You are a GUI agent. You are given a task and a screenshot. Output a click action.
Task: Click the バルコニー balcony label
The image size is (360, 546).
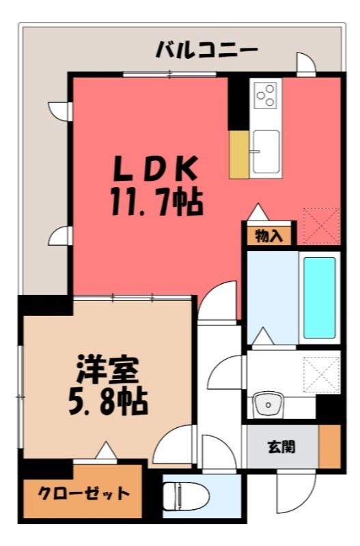[x=206, y=50]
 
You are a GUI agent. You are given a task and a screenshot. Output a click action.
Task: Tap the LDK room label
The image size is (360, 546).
[x=156, y=169]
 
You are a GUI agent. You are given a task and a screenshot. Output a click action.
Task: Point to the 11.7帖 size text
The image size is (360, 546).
[x=157, y=202]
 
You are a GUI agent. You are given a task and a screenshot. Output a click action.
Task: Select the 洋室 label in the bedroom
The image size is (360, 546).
[x=109, y=369]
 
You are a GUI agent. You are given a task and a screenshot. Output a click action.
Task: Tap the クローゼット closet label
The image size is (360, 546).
[x=83, y=493]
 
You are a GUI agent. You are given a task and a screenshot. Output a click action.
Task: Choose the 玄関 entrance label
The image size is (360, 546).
[x=281, y=447]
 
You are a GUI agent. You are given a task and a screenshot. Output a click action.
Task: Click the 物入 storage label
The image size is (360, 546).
[x=268, y=236]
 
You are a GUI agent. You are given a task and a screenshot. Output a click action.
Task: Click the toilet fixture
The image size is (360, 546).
[x=185, y=496]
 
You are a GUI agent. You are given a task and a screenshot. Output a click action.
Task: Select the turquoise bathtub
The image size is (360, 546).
[x=320, y=298]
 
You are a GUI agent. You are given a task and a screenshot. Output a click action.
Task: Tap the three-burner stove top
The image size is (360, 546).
[x=266, y=95]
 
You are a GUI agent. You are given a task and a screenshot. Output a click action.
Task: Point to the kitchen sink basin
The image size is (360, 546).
[x=266, y=152]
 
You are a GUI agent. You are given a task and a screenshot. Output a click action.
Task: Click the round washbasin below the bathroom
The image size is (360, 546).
[x=268, y=405]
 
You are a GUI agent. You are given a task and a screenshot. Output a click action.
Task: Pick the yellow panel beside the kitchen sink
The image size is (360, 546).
[x=239, y=155]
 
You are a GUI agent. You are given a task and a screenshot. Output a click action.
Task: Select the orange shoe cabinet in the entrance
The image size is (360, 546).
[x=329, y=446]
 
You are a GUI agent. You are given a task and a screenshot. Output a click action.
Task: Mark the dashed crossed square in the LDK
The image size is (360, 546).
[x=321, y=226]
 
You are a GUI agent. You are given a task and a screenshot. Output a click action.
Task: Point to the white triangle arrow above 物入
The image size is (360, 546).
[x=258, y=212]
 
